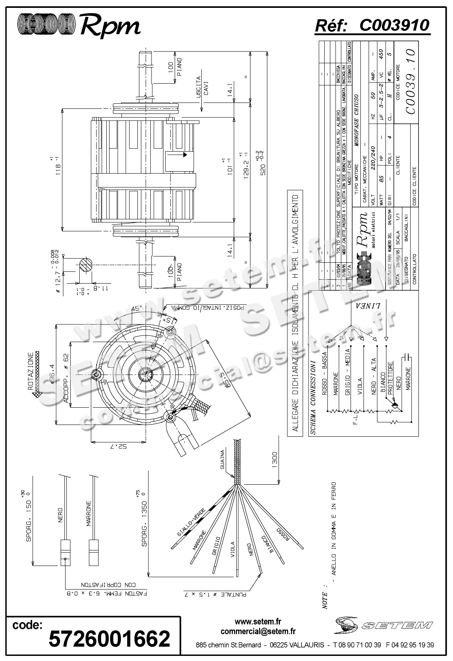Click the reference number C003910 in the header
(x=394, y=26)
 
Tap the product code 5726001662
(x=110, y=638)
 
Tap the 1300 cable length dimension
(x=274, y=460)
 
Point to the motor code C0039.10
(x=410, y=81)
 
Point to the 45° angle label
(x=136, y=309)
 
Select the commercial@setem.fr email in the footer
(x=258, y=632)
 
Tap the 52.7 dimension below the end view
(x=122, y=446)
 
